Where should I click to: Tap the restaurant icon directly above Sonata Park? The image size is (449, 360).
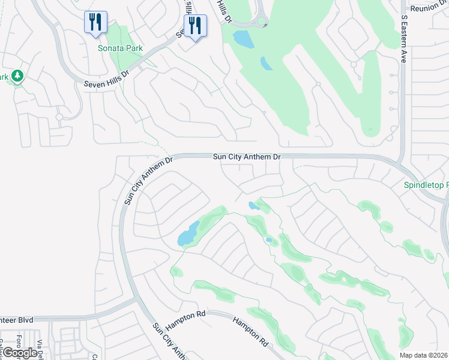tap(95, 23)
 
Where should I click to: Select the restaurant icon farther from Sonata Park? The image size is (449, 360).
tap(194, 26)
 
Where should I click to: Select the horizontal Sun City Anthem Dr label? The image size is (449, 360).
tap(247, 157)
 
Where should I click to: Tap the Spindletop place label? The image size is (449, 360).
tap(426, 185)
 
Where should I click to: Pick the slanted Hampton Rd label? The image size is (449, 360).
tap(250, 331)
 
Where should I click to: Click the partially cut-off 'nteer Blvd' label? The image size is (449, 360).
tap(16, 320)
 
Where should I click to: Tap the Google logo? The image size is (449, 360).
tap(20, 353)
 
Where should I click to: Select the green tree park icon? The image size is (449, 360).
tap(16, 76)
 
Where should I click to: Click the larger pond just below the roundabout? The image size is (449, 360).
tap(243, 39)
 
